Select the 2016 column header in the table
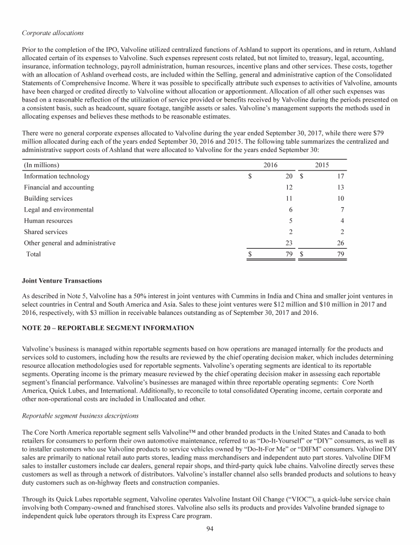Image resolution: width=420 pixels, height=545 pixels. point(271,165)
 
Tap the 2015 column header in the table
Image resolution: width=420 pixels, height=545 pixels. point(323,165)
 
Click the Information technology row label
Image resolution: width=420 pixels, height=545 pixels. point(57,177)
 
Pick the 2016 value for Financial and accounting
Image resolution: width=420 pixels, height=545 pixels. point(289,187)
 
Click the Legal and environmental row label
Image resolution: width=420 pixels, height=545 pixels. point(59,209)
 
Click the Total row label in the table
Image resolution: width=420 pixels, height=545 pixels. point(33,254)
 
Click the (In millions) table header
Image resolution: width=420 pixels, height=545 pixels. point(42,165)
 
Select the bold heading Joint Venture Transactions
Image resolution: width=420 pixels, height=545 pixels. point(62,281)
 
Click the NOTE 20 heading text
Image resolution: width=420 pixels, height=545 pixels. point(108,328)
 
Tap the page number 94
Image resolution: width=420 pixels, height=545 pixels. point(209,528)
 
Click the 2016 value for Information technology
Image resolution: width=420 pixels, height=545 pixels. point(289,177)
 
